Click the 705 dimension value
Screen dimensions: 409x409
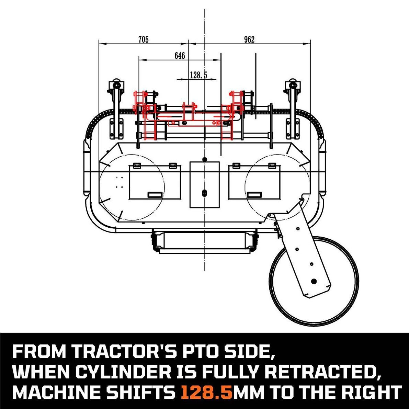click(143, 39)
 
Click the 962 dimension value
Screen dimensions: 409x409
click(249, 39)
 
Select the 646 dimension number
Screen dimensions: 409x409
click(180, 56)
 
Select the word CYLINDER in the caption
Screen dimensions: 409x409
click(126, 372)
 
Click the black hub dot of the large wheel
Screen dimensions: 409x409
click(314, 281)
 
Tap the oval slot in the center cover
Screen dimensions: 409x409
click(205, 193)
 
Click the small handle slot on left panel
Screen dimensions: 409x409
click(155, 195)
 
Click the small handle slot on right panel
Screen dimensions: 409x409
click(254, 195)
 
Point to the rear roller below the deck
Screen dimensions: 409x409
click(205, 240)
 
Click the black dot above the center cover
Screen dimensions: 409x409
click(205, 159)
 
